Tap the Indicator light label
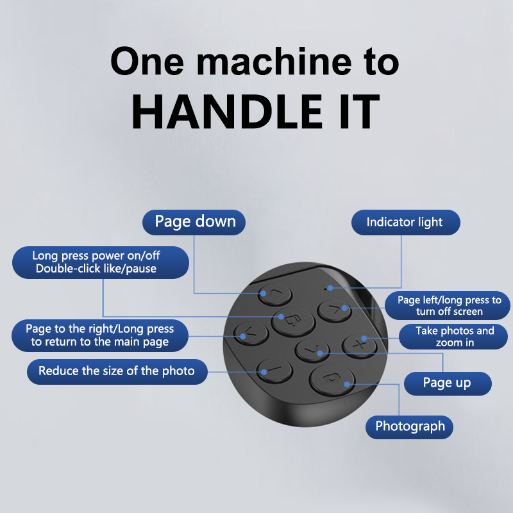click(x=406, y=222)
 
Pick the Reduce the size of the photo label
click(x=117, y=372)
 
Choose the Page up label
click(x=448, y=383)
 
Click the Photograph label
click(x=409, y=427)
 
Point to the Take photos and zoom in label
click(x=453, y=337)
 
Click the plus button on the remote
click(x=359, y=346)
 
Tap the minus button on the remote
click(x=274, y=371)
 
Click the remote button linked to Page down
click(x=275, y=294)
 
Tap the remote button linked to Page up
click(x=312, y=350)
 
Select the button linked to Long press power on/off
click(x=293, y=322)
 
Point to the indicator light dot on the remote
click(x=325, y=289)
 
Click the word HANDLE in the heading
click(x=227, y=112)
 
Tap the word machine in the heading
click(x=274, y=62)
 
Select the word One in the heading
click(x=147, y=62)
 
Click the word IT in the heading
click(x=360, y=112)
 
